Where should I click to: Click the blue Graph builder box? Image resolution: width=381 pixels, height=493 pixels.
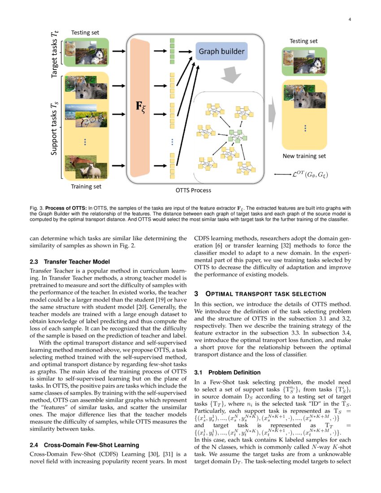point(221,52)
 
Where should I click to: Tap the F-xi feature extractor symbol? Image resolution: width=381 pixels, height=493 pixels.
point(140,108)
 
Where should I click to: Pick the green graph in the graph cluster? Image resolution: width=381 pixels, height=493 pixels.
point(236,135)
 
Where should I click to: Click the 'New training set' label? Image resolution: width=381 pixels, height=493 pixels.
point(304,156)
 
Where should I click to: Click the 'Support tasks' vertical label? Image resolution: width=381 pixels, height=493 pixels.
point(54,128)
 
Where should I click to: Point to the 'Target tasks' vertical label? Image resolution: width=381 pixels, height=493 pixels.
point(54,53)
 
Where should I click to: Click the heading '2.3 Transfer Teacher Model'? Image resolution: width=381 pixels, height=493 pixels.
point(69,262)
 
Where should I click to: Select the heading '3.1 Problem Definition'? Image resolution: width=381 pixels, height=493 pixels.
point(227,372)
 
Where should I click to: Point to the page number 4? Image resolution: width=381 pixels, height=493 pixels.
point(349,19)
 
